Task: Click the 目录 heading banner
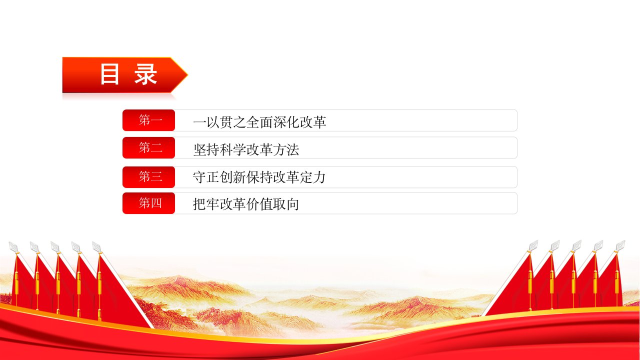(x=125, y=75)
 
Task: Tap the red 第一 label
(x=148, y=120)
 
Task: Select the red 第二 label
(x=148, y=147)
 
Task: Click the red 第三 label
(x=148, y=177)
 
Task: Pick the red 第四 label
(x=148, y=203)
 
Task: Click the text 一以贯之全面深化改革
(x=259, y=122)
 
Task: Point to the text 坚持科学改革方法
(x=246, y=149)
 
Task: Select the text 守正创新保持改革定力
(x=259, y=177)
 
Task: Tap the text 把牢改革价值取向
(x=246, y=204)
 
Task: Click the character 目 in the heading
(x=109, y=74)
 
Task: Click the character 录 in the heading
(x=145, y=74)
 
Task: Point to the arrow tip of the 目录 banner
(x=187, y=75)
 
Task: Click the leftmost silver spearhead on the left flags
(x=13, y=246)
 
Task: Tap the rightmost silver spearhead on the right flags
(x=620, y=245)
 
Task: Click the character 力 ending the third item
(x=319, y=177)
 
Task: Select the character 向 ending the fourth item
(x=292, y=204)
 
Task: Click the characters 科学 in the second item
(x=233, y=149)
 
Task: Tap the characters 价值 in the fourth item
(x=259, y=204)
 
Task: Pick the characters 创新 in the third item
(x=233, y=177)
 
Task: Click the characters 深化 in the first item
(x=286, y=122)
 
